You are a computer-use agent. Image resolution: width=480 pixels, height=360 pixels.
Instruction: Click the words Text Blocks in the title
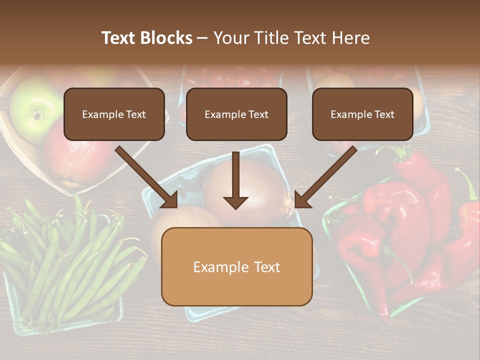click(146, 38)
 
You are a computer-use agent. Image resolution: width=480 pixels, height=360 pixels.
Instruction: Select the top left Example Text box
click(114, 114)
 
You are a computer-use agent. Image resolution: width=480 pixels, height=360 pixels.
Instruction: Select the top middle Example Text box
click(236, 114)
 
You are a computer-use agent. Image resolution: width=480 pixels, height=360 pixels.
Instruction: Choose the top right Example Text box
click(362, 114)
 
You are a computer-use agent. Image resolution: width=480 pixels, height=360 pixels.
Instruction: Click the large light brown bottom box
click(236, 267)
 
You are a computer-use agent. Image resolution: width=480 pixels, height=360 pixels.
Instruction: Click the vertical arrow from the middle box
click(235, 175)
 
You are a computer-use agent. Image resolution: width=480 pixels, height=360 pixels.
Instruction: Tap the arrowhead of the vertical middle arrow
click(235, 202)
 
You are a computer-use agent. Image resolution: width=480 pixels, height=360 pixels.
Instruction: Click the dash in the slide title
click(202, 38)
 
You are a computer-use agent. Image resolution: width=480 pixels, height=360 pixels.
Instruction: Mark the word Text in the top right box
click(384, 114)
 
